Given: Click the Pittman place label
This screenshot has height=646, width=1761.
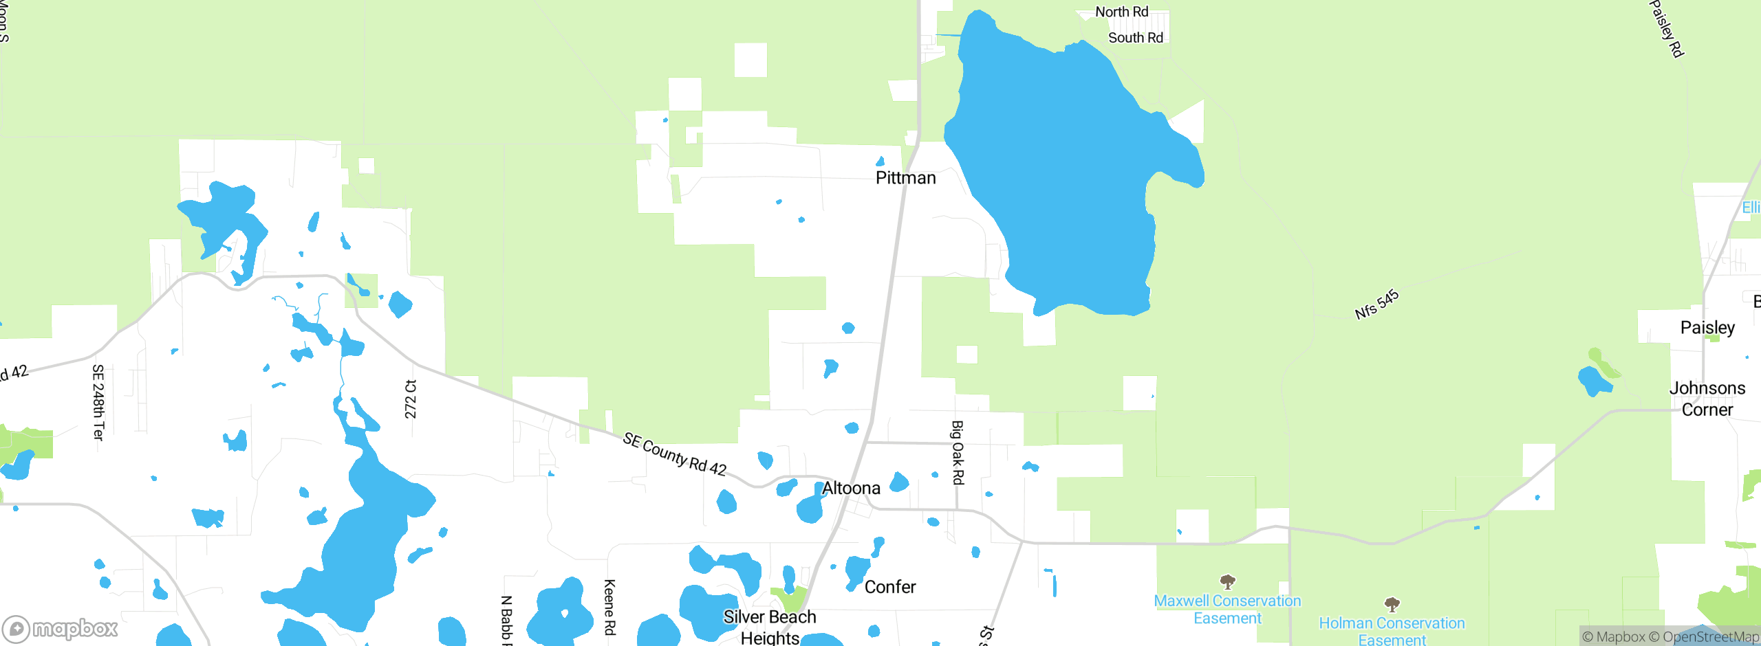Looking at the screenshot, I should [x=905, y=178].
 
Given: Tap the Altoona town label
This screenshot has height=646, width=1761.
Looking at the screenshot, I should [x=851, y=488].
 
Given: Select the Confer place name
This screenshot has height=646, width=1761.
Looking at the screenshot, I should [x=889, y=587].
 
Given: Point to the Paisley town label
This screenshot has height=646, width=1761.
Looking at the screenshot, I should [x=1707, y=327].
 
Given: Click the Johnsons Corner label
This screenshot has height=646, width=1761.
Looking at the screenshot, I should [x=1707, y=399].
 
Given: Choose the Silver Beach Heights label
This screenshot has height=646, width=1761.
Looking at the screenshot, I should [x=769, y=627].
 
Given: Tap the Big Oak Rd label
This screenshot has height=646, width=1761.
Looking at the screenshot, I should [x=957, y=453].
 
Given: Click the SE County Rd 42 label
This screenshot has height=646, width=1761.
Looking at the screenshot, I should [x=674, y=454].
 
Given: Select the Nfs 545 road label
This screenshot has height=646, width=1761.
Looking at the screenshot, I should [x=1376, y=304].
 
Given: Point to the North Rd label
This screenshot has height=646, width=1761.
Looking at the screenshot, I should [x=1121, y=12].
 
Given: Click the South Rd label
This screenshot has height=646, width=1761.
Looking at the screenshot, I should [x=1135, y=38].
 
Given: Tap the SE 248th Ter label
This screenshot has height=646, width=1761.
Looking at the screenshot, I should [x=98, y=402].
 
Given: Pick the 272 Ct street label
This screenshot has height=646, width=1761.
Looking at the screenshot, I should [x=411, y=399].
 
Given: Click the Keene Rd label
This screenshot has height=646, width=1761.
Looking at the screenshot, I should [x=609, y=607].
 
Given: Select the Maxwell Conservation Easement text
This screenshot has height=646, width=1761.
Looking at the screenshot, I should [x=1227, y=610].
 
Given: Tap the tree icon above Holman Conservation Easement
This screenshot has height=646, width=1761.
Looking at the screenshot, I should [x=1392, y=604].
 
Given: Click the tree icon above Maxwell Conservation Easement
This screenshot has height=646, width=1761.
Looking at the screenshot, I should [x=1227, y=581].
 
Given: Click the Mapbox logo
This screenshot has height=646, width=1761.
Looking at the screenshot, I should [x=61, y=628].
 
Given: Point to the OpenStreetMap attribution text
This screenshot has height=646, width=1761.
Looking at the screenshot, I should [x=1703, y=637].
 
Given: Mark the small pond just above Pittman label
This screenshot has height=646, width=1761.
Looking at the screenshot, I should [x=880, y=161].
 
